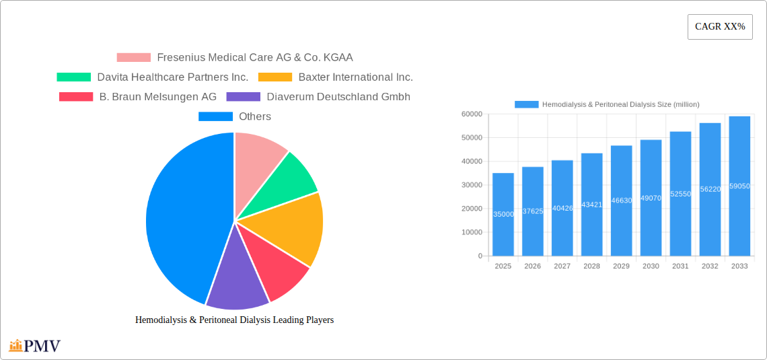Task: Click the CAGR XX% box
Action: tap(720, 27)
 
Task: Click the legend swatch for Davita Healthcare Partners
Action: tap(73, 77)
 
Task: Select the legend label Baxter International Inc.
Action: tap(355, 77)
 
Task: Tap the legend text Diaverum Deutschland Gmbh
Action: tap(338, 97)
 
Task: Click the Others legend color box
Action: tap(215, 116)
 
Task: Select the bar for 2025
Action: tap(503, 215)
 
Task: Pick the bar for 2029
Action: tap(621, 201)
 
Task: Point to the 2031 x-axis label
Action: tap(680, 266)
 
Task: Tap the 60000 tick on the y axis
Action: tap(472, 114)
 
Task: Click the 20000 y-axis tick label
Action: tap(472, 209)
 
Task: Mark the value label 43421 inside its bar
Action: tap(592, 205)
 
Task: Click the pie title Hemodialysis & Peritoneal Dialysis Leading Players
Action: tap(234, 320)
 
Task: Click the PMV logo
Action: tap(35, 346)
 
